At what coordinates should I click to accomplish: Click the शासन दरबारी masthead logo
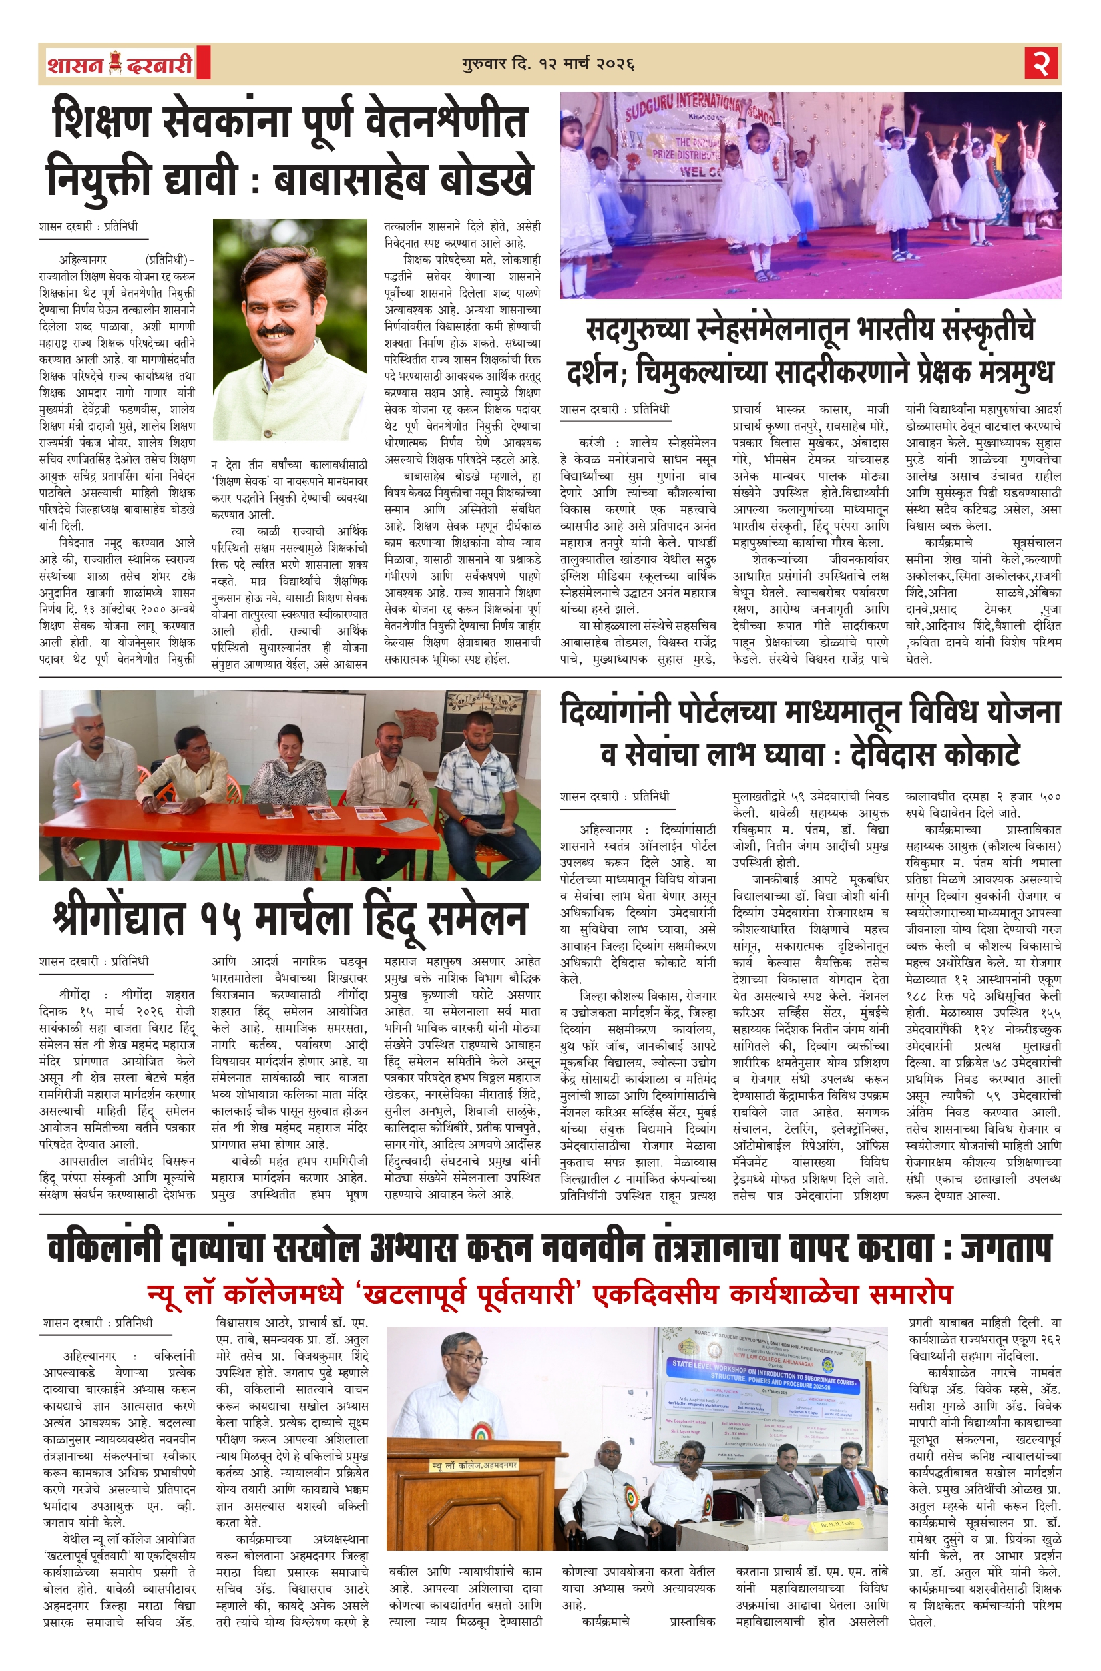pos(120,64)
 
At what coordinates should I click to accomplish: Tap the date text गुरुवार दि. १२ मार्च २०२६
pos(549,64)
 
